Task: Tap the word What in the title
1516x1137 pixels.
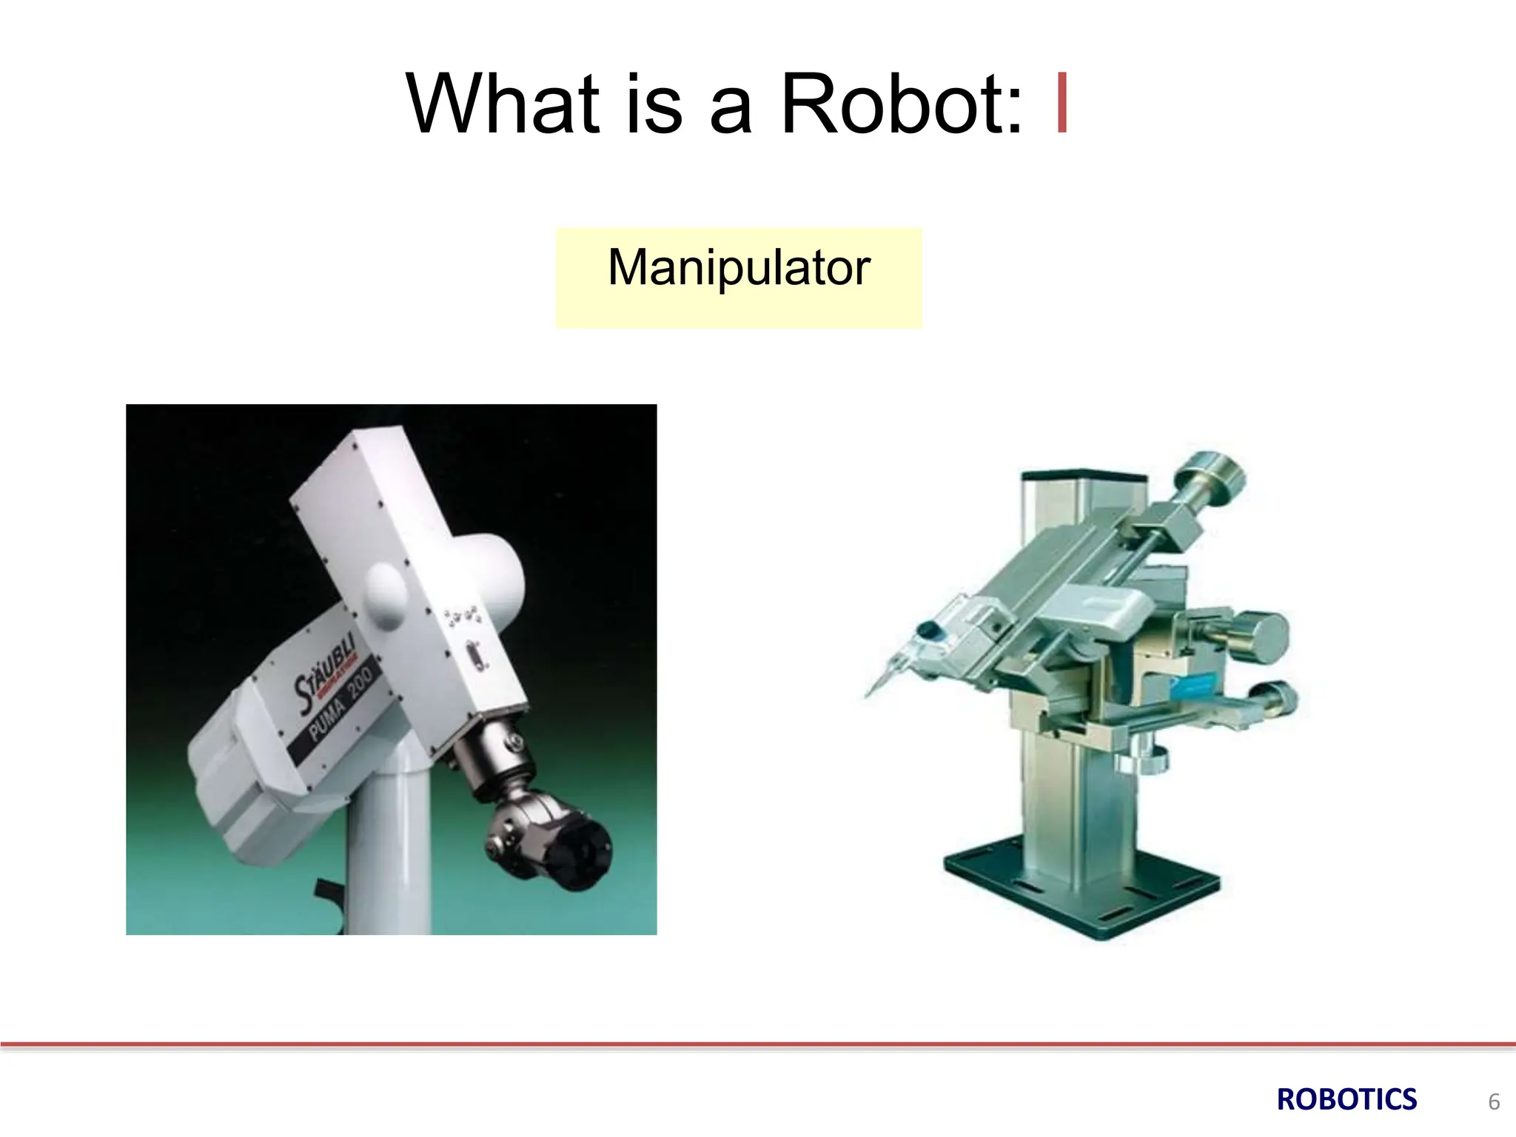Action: (503, 105)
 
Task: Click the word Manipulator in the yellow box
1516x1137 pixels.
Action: (739, 268)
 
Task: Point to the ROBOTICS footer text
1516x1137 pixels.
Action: (1346, 1100)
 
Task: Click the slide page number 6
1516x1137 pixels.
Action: (1494, 1102)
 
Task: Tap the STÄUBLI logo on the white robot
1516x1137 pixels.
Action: (324, 673)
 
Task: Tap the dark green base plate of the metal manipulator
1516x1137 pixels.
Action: (1081, 888)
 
